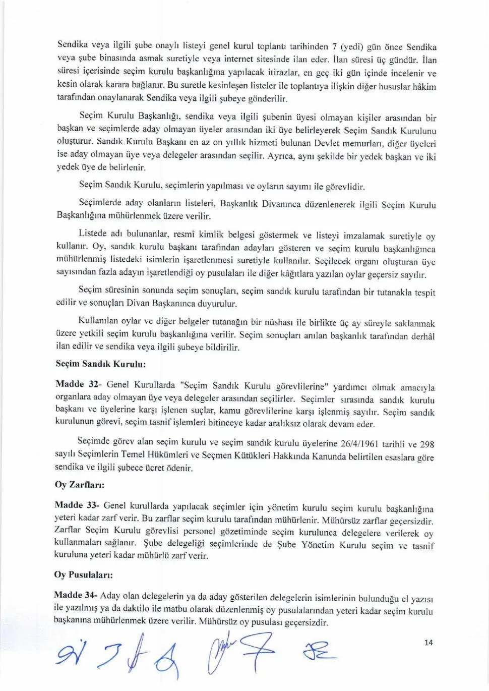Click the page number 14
[429, 642]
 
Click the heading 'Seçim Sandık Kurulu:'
[100, 363]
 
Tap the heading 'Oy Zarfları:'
[79, 485]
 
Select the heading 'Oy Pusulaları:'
[83, 574]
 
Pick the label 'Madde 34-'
[77, 595]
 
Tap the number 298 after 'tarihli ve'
[427, 444]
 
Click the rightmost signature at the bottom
[319, 654]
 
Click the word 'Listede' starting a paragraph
[93, 233]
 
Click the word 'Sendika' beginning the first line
[72, 43]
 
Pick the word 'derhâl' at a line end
[422, 336]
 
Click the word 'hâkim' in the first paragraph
[424, 87]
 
